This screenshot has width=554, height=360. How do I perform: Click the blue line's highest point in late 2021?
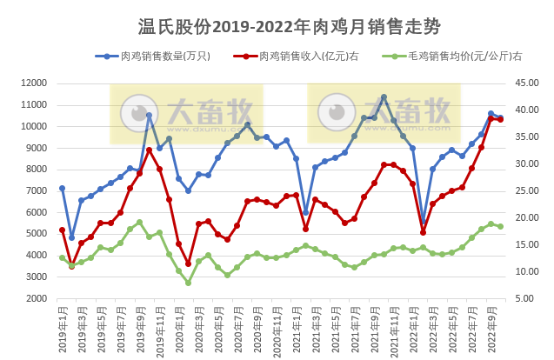click(x=384, y=97)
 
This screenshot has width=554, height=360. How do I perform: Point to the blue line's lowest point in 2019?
click(x=72, y=237)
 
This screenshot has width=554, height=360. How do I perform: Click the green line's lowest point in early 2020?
click(x=188, y=283)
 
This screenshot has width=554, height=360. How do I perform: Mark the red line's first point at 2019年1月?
click(x=62, y=230)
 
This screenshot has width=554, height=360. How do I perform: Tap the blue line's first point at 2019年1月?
click(x=62, y=188)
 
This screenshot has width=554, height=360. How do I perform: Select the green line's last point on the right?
click(x=500, y=226)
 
